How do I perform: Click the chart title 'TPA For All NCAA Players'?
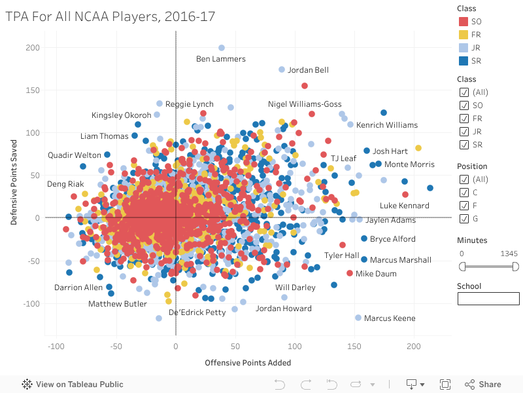pyautogui.click(x=110, y=16)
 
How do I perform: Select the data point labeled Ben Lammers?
pyautogui.click(x=222, y=48)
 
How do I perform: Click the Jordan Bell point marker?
pyautogui.click(x=282, y=69)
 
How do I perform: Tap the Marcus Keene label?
pyautogui.click(x=390, y=318)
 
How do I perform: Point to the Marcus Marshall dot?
pyautogui.click(x=364, y=259)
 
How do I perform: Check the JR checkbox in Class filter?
pyautogui.click(x=464, y=132)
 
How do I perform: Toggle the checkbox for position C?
pyautogui.click(x=464, y=193)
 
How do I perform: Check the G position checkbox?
pyautogui.click(x=464, y=219)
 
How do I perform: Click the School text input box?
pyautogui.click(x=488, y=299)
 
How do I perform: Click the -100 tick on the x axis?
pyautogui.click(x=56, y=346)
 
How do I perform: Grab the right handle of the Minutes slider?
pyautogui.click(x=516, y=267)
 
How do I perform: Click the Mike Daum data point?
pyautogui.click(x=350, y=273)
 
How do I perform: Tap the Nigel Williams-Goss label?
pyautogui.click(x=305, y=104)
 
